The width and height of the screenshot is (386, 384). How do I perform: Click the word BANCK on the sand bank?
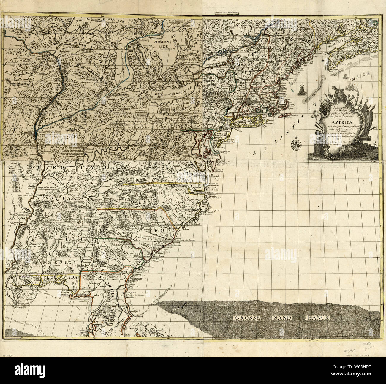point(317,318)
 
